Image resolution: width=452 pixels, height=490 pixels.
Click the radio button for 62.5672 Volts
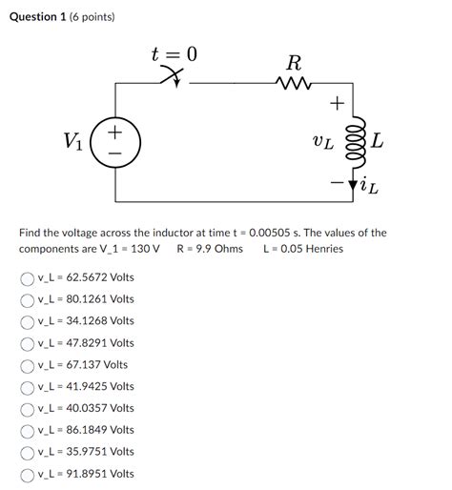[x=27, y=277]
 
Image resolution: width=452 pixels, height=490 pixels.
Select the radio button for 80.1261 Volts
[x=27, y=299]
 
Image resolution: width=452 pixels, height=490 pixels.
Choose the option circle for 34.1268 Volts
[x=27, y=321]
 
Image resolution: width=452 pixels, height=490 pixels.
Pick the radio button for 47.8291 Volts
[x=27, y=343]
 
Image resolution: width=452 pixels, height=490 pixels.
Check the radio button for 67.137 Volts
[x=27, y=365]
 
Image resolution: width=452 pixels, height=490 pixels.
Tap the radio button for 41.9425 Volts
[x=27, y=387]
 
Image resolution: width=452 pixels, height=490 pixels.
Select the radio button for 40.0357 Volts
[x=27, y=409]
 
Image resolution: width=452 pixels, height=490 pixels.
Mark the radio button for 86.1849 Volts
[x=27, y=431]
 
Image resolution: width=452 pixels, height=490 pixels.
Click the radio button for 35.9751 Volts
[x=27, y=452]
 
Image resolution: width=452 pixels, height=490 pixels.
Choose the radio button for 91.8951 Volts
[x=27, y=475]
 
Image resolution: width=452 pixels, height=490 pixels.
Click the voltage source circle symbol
[x=115, y=142]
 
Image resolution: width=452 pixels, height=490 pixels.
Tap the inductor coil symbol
[x=353, y=141]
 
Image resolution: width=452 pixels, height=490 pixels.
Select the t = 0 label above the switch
[x=174, y=54]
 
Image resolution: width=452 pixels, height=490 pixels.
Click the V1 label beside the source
[x=73, y=142]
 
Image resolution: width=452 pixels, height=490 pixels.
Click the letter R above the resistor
[x=294, y=64]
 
